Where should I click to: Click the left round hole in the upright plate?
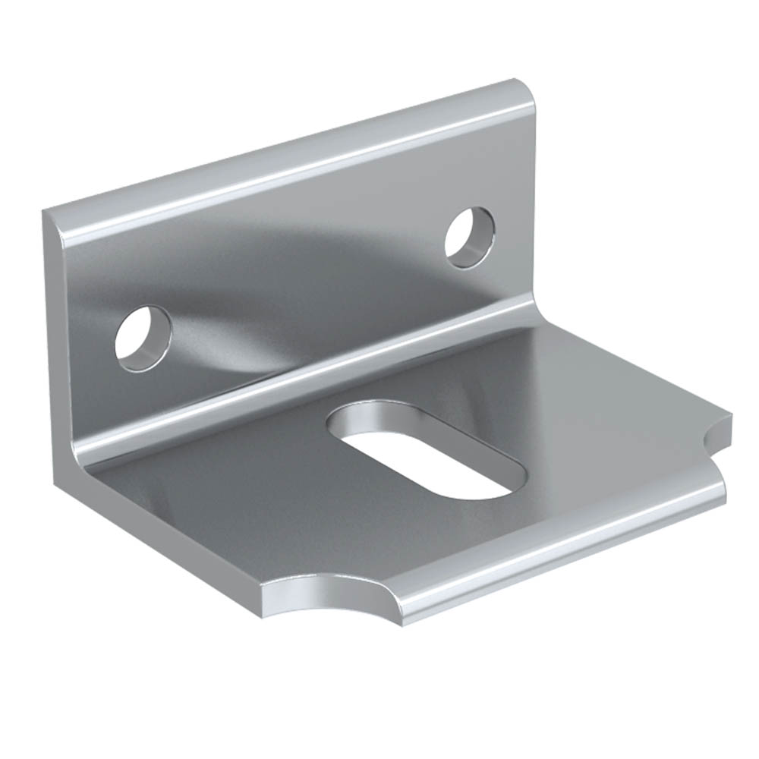[x=143, y=339]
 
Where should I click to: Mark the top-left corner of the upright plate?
[x=47, y=214]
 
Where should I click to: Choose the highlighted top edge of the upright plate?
[x=288, y=152]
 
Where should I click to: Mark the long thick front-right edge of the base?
[x=562, y=554]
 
